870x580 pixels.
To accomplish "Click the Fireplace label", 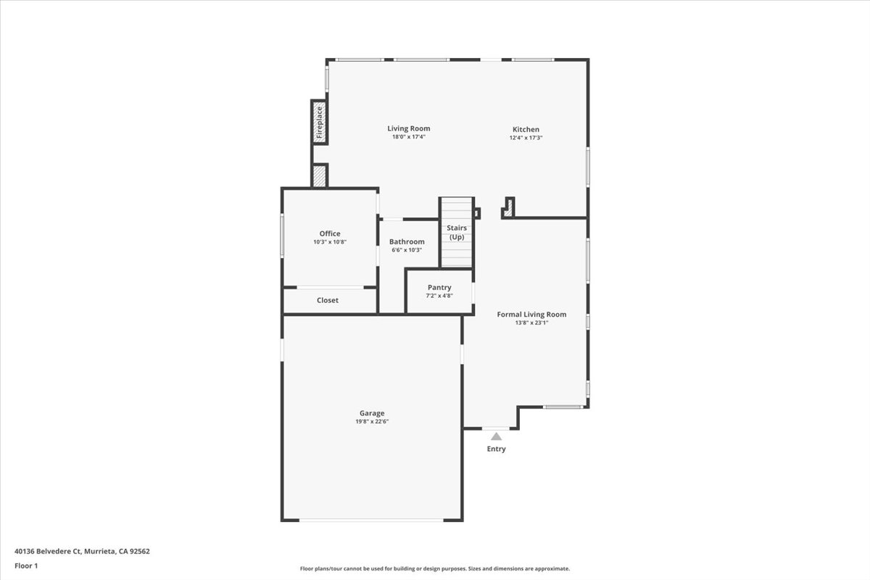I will (319, 122).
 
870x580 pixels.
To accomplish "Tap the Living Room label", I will (408, 128).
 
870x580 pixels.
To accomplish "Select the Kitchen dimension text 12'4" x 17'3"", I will (526, 138).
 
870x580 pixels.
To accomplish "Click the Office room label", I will (330, 233).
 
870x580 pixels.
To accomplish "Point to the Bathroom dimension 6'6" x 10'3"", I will (406, 250).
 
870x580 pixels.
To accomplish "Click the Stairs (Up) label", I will (457, 233).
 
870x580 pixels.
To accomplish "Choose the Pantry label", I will (439, 287).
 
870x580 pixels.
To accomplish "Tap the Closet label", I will (328, 300).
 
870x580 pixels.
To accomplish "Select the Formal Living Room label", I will (531, 314).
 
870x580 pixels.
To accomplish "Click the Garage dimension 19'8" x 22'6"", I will (371, 422).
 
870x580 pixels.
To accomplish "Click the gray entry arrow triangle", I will (496, 436).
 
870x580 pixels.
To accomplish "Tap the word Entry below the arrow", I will (496, 449).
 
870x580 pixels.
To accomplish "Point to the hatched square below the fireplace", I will (319, 176).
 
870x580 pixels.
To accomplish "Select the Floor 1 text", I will (25, 565).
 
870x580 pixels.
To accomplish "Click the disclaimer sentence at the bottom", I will (435, 569).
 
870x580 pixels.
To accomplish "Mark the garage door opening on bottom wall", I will (371, 520).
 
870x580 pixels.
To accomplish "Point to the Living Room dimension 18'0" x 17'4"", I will (408, 137).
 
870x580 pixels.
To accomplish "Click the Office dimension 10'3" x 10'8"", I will (330, 242).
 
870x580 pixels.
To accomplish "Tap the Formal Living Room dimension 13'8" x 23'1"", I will (531, 323).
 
